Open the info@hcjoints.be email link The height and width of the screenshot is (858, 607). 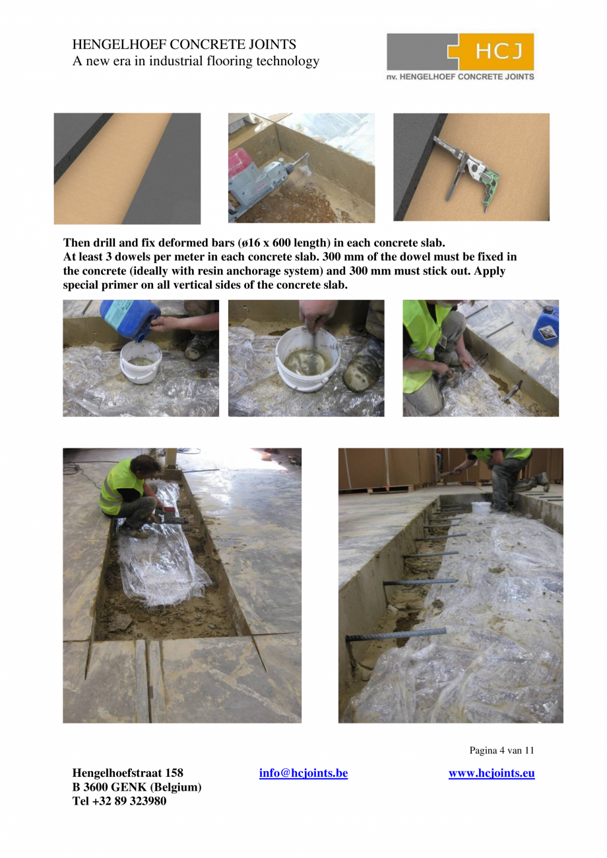(x=303, y=772)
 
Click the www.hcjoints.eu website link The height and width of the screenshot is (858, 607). (x=492, y=772)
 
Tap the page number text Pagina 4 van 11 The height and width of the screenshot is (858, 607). (x=501, y=750)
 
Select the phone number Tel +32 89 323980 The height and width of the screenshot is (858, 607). (x=119, y=801)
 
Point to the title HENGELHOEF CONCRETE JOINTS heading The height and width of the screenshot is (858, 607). (x=184, y=44)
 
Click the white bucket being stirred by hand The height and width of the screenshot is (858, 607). (x=307, y=358)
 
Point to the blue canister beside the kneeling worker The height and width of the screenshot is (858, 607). (x=546, y=326)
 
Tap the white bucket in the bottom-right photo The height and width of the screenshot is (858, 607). (x=481, y=508)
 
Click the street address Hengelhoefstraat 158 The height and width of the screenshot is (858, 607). (x=128, y=772)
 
